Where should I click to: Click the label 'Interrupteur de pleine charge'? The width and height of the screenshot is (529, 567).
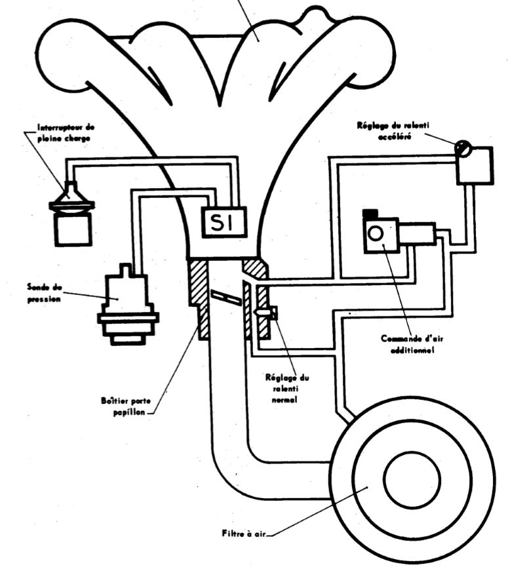[x=56, y=133]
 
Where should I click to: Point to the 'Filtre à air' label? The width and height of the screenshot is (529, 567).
[x=242, y=533]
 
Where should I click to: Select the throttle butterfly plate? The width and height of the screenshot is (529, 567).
[x=227, y=298]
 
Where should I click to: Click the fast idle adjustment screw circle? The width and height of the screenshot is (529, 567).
[x=464, y=149]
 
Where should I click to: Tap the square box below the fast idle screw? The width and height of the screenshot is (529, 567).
[x=475, y=166]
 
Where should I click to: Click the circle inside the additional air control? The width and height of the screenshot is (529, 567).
[x=376, y=233]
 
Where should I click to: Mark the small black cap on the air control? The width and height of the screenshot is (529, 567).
[x=370, y=213]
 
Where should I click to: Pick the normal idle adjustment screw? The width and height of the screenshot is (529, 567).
[x=266, y=313]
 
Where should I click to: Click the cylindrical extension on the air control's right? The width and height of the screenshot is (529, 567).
[x=418, y=234]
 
